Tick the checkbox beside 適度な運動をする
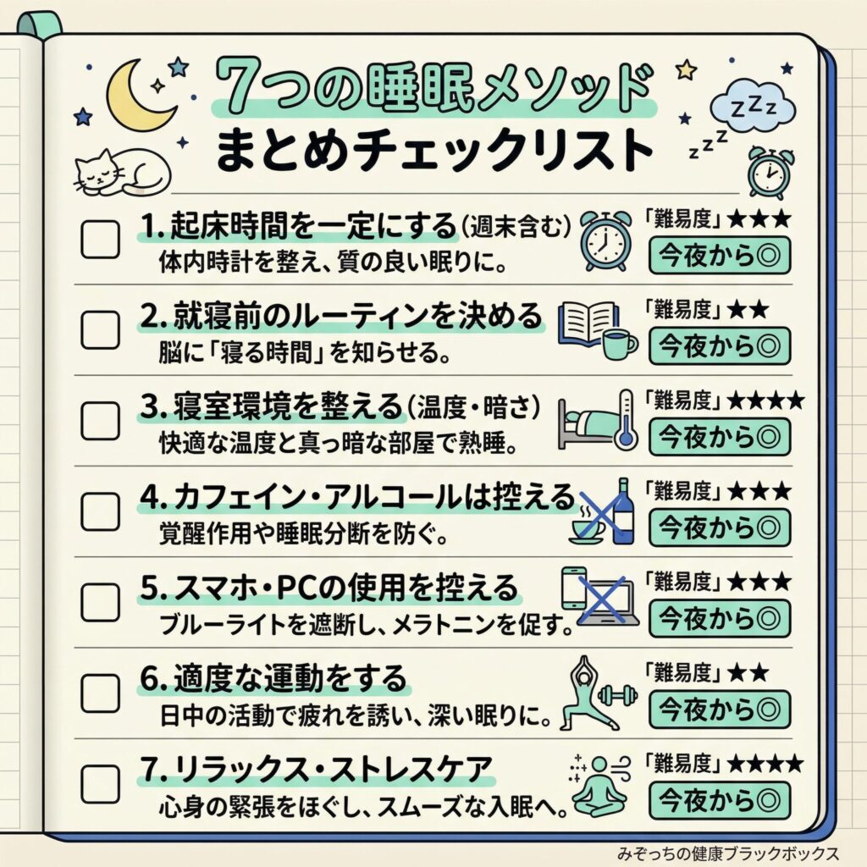coord(100,693)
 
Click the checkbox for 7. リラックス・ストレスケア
coord(100,783)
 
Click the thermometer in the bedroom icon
coord(624,417)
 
